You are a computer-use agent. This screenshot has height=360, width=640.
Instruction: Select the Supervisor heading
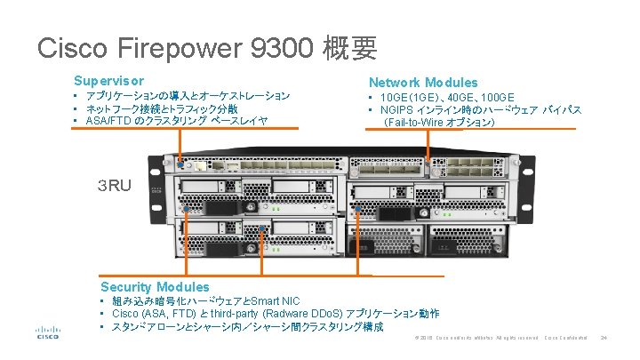pyautogui.click(x=108, y=80)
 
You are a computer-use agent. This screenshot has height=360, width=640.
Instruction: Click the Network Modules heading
pyautogui.click(x=423, y=82)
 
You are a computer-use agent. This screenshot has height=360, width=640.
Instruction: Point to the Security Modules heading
pyautogui.click(x=155, y=286)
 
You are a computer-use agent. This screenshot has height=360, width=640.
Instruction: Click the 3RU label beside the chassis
pyautogui.click(x=115, y=186)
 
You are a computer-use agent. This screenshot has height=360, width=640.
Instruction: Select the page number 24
pyautogui.click(x=604, y=338)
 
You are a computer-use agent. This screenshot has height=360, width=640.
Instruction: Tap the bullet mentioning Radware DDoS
pyautogui.click(x=276, y=314)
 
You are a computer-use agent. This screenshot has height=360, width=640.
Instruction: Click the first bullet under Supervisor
pyautogui.click(x=187, y=95)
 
